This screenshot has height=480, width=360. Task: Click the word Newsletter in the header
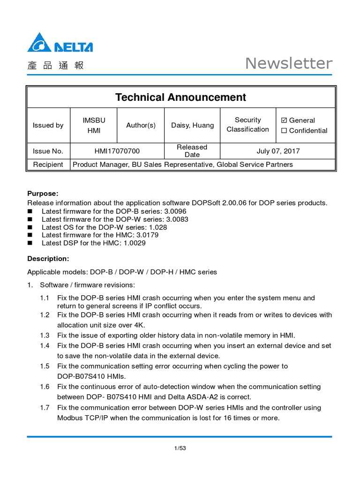(289, 63)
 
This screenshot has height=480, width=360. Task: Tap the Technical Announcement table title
(180, 97)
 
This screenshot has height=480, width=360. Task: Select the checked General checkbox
(284, 120)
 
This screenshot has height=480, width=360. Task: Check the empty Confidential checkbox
(284, 131)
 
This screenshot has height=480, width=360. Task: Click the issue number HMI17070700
(117, 151)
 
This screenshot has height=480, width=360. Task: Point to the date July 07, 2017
(278, 151)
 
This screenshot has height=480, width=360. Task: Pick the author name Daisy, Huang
(192, 125)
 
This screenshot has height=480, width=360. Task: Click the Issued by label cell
(48, 125)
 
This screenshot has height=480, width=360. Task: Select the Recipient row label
(48, 165)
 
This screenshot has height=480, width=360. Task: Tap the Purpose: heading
(43, 194)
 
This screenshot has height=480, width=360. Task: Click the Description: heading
(48, 259)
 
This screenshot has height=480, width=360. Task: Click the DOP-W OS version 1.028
(157, 227)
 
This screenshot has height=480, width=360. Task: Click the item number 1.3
(45, 335)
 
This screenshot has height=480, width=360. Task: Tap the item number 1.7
(45, 407)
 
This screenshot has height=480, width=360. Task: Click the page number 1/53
(180, 448)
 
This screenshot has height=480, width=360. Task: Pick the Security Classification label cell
(247, 125)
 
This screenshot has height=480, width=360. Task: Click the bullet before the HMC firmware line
(30, 235)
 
